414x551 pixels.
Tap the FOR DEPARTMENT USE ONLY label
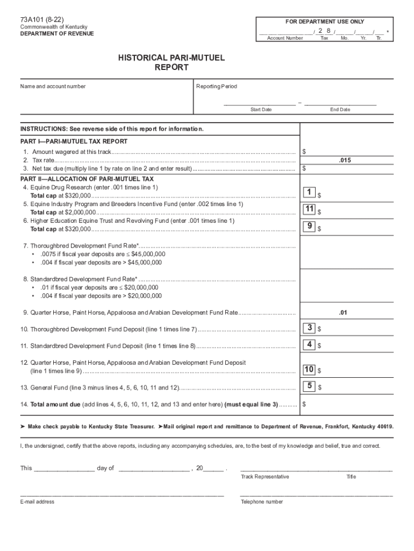click(x=324, y=22)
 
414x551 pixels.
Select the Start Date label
click(x=261, y=110)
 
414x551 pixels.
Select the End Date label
click(x=340, y=110)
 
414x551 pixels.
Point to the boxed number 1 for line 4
click(x=309, y=193)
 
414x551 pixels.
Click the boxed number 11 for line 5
click(x=309, y=209)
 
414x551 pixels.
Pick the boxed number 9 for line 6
click(x=309, y=227)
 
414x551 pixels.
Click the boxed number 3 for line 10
click(x=309, y=328)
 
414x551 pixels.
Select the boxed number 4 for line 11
click(x=309, y=344)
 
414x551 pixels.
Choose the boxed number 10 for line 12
click(x=309, y=370)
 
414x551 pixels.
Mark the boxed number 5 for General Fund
click(x=309, y=386)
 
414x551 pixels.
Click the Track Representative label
click(x=265, y=477)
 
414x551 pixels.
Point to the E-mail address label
click(x=37, y=501)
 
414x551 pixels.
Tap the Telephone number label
click(x=262, y=501)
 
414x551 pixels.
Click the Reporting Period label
click(x=217, y=87)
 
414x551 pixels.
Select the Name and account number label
click(x=53, y=87)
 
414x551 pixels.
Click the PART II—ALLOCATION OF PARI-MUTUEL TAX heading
click(x=87, y=179)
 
